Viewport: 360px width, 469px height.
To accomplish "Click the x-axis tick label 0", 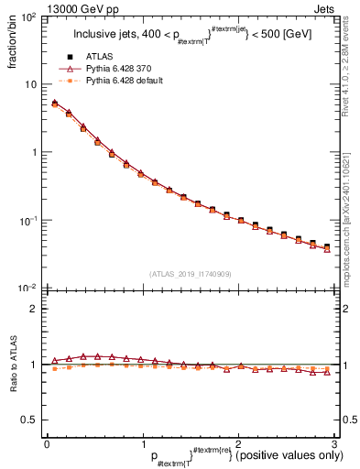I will (46, 443).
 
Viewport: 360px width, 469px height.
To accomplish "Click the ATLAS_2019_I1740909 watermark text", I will (190, 274).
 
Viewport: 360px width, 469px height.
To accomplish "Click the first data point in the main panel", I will (54, 104).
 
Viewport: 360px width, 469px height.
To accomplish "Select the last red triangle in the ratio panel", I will (327, 371).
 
